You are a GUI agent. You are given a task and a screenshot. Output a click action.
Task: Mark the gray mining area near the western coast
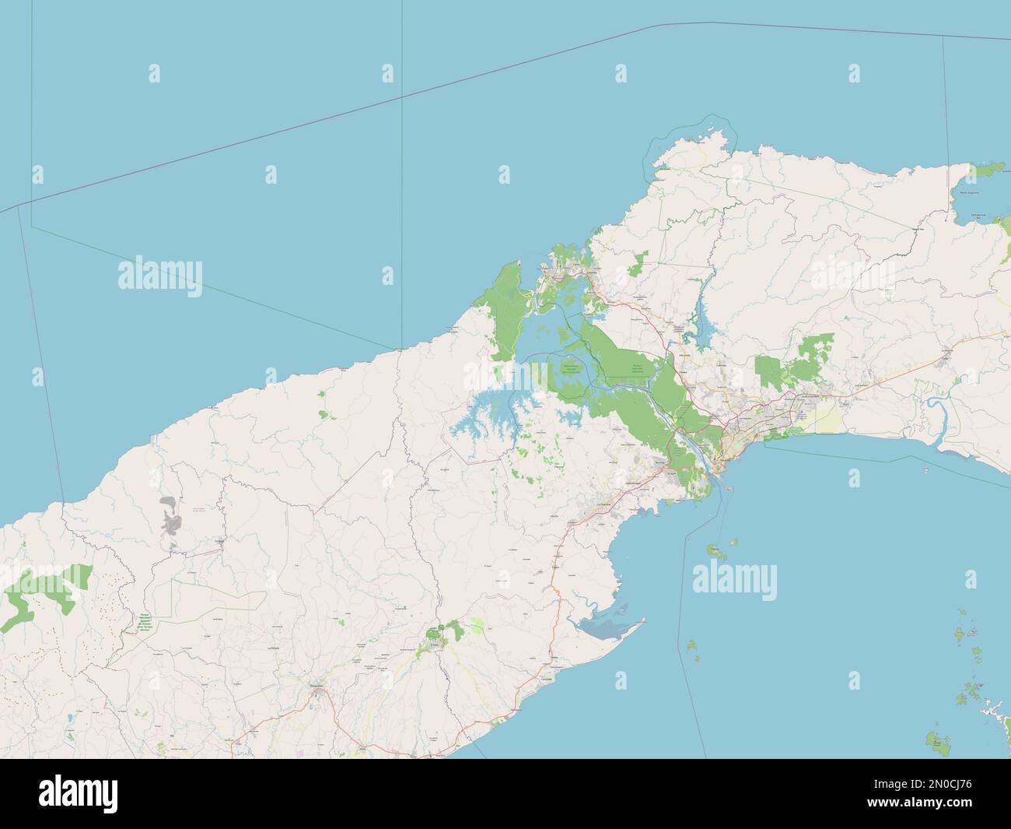[169, 517]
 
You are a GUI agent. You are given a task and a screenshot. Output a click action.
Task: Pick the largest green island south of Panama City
[713, 551]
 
